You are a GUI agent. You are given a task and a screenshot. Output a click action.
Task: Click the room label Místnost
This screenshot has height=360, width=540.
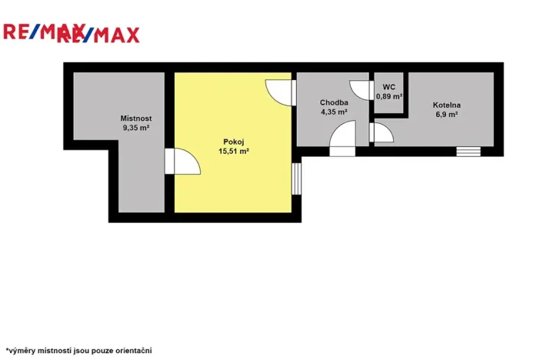pos(135,118)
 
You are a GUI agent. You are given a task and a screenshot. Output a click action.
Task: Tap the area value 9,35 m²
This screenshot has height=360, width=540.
pos(135,128)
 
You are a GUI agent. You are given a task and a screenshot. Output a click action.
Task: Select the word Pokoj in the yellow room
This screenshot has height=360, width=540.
pos(234,141)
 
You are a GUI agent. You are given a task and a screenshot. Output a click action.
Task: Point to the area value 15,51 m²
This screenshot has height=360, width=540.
pos(234,151)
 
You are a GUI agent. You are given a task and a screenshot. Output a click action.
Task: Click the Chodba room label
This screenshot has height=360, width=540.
pos(335,102)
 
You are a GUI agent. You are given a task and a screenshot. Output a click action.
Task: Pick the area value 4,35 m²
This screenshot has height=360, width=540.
pos(335,112)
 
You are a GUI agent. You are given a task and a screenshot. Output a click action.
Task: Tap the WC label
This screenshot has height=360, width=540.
pos(388,87)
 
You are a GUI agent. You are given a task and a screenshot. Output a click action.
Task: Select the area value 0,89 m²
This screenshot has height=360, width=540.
pos(389,97)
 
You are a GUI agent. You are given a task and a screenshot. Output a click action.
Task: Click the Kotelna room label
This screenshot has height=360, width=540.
pos(445,104)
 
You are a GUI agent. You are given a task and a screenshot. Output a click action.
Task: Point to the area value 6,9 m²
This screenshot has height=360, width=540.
pos(445,114)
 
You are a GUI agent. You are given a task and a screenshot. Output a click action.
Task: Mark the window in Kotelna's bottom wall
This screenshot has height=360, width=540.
pos(468,151)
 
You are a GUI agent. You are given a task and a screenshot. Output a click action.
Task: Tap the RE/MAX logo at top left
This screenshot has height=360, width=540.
pos(71,33)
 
